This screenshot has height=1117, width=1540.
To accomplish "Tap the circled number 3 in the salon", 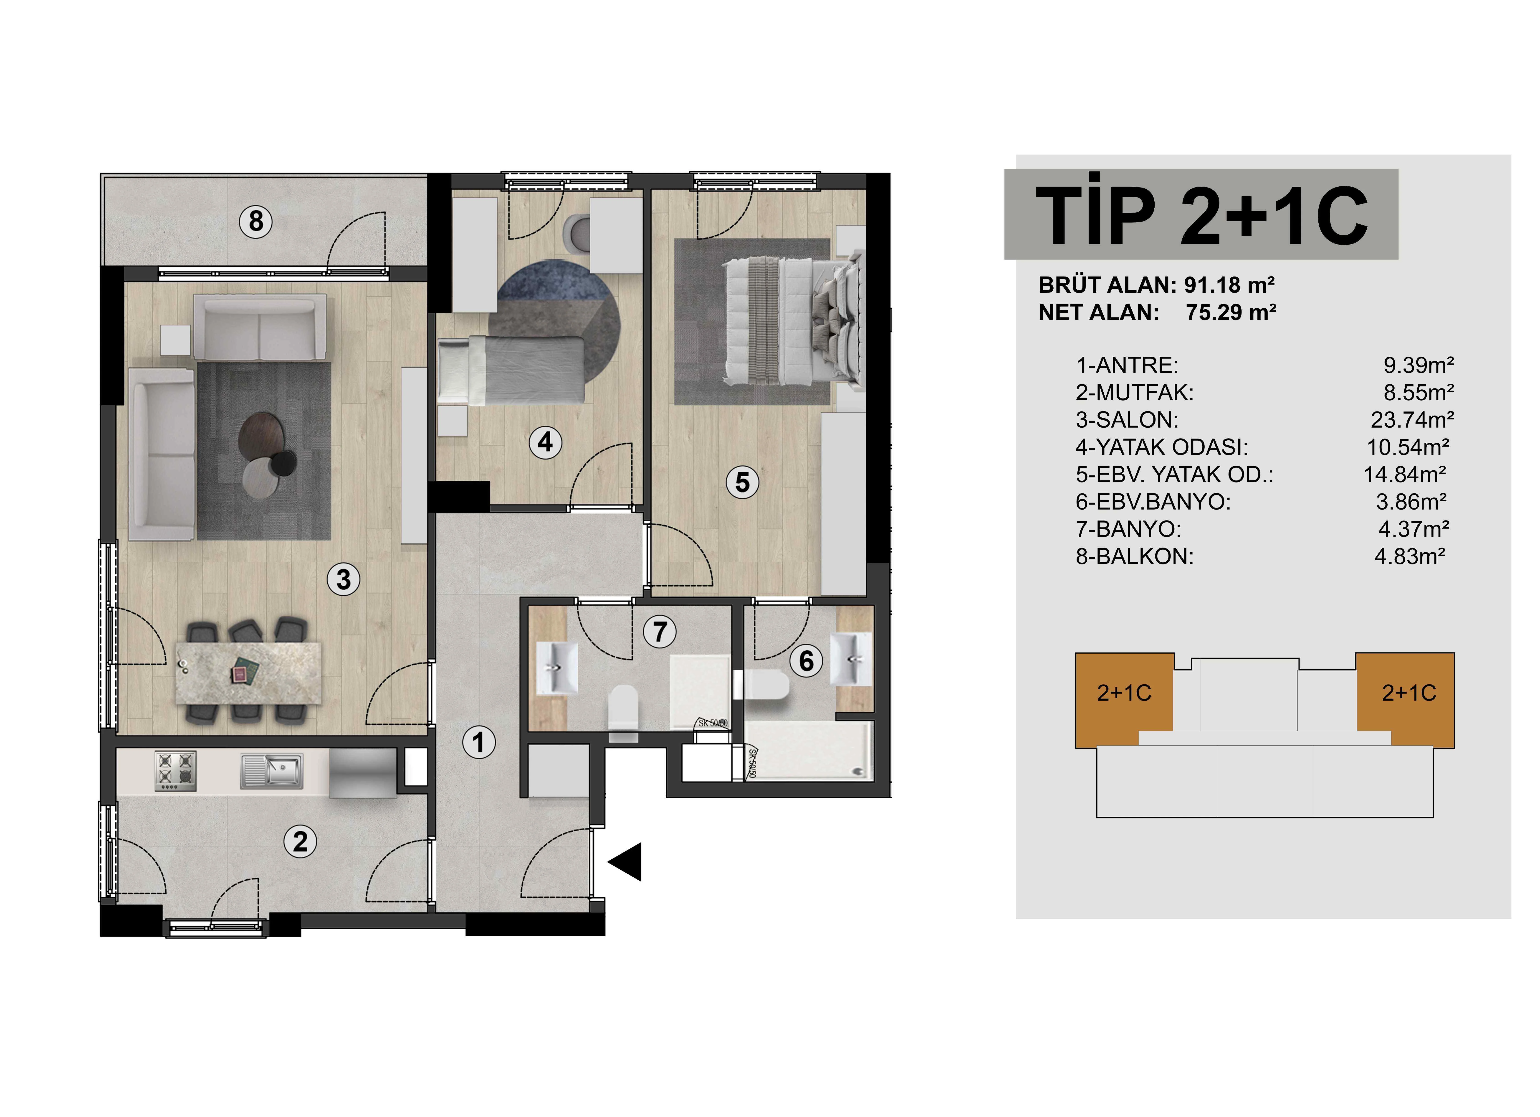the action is tap(344, 580).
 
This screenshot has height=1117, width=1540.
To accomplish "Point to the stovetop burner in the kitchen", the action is tap(176, 770).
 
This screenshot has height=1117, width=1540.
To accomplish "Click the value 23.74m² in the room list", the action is tap(1412, 420).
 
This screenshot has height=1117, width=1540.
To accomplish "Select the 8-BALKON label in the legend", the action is tap(1135, 556).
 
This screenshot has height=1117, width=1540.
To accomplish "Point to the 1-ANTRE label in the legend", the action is tap(1127, 366).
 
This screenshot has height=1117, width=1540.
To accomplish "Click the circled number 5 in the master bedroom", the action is tap(742, 482).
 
